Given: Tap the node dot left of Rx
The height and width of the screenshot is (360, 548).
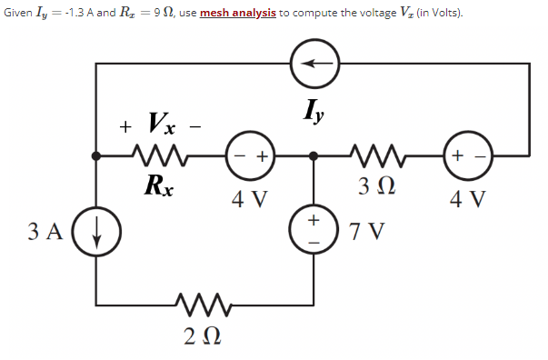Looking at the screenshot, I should click(x=97, y=155).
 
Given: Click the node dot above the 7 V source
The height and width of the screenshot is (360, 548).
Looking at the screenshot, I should click(x=314, y=155).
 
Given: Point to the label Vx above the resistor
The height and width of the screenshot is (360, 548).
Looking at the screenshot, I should click(x=158, y=123).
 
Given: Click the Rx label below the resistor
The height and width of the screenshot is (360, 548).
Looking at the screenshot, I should click(x=159, y=186).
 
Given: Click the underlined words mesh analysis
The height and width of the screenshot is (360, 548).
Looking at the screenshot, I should click(x=239, y=15).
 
